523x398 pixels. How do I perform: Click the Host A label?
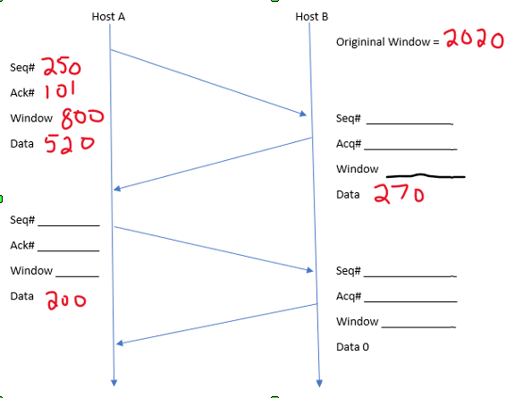(108, 16)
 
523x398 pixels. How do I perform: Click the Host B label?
(312, 16)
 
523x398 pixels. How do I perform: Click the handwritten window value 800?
(82, 117)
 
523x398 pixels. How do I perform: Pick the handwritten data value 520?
(65, 143)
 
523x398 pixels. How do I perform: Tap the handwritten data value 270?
(398, 194)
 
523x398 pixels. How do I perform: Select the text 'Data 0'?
(352, 347)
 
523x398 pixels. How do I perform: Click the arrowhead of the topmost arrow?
(304, 114)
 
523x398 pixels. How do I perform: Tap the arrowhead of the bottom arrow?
(122, 342)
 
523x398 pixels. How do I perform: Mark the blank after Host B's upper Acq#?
(410, 148)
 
